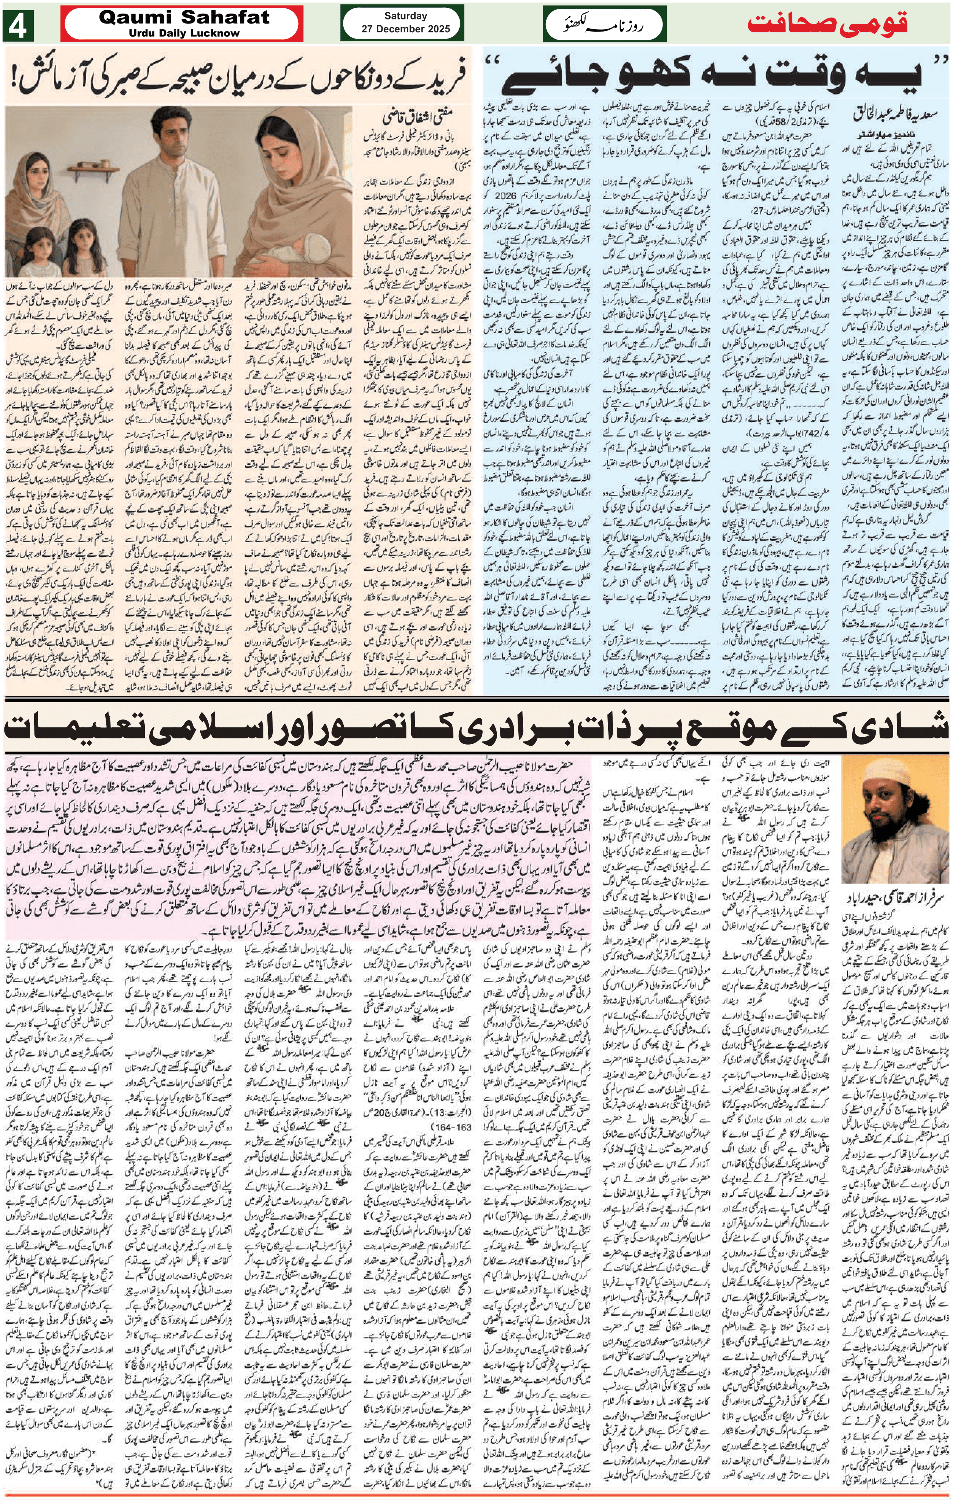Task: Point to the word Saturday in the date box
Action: pyautogui.click(x=405, y=16)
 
